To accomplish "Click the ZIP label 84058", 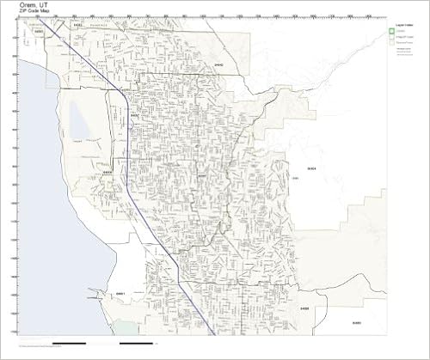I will click(107, 171).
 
